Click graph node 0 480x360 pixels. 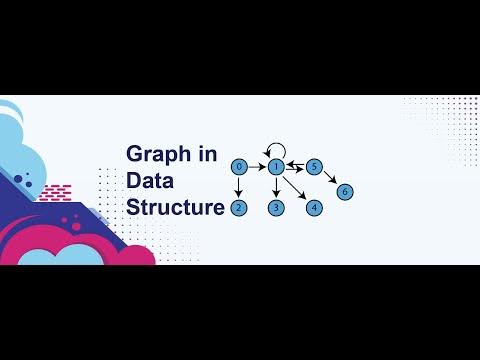point(239,166)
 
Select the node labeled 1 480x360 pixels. point(277,166)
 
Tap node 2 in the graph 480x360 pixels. point(239,208)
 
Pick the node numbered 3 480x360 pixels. point(277,208)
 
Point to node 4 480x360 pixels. point(314,208)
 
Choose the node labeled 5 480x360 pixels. point(314,166)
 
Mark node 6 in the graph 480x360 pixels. point(345,191)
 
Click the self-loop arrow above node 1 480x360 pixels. point(271,148)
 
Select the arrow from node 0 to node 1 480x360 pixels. point(258,166)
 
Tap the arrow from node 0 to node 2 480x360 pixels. point(239,187)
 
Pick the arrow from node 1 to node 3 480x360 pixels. point(277,187)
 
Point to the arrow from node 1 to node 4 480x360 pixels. point(296,188)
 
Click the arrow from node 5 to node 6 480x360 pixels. point(330,179)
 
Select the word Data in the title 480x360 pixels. point(150,181)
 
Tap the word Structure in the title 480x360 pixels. point(175,208)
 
